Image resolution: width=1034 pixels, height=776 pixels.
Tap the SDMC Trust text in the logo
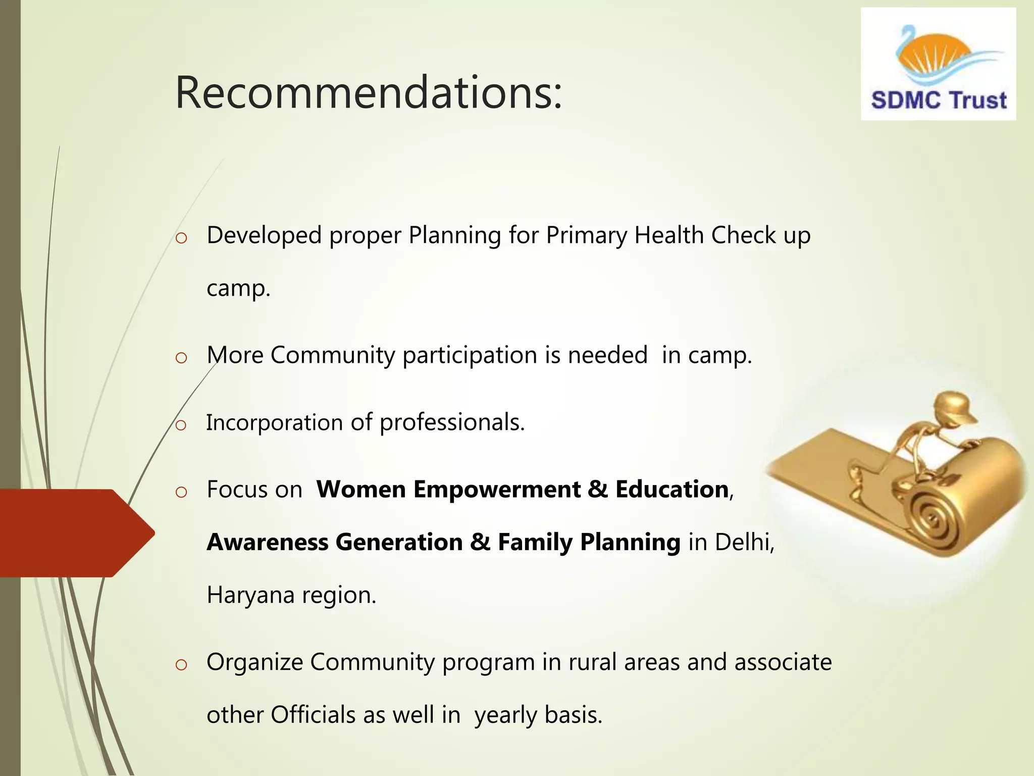coord(939,100)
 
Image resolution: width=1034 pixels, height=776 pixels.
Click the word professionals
coord(452,422)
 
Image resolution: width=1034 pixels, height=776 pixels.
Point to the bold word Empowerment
coord(497,490)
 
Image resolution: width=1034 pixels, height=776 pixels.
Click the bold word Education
coord(671,490)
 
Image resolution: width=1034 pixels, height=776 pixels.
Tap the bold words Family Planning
coord(589,543)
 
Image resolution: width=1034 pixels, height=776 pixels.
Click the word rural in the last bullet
coord(593,662)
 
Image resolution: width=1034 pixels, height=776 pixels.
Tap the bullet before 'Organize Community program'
coord(181,665)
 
